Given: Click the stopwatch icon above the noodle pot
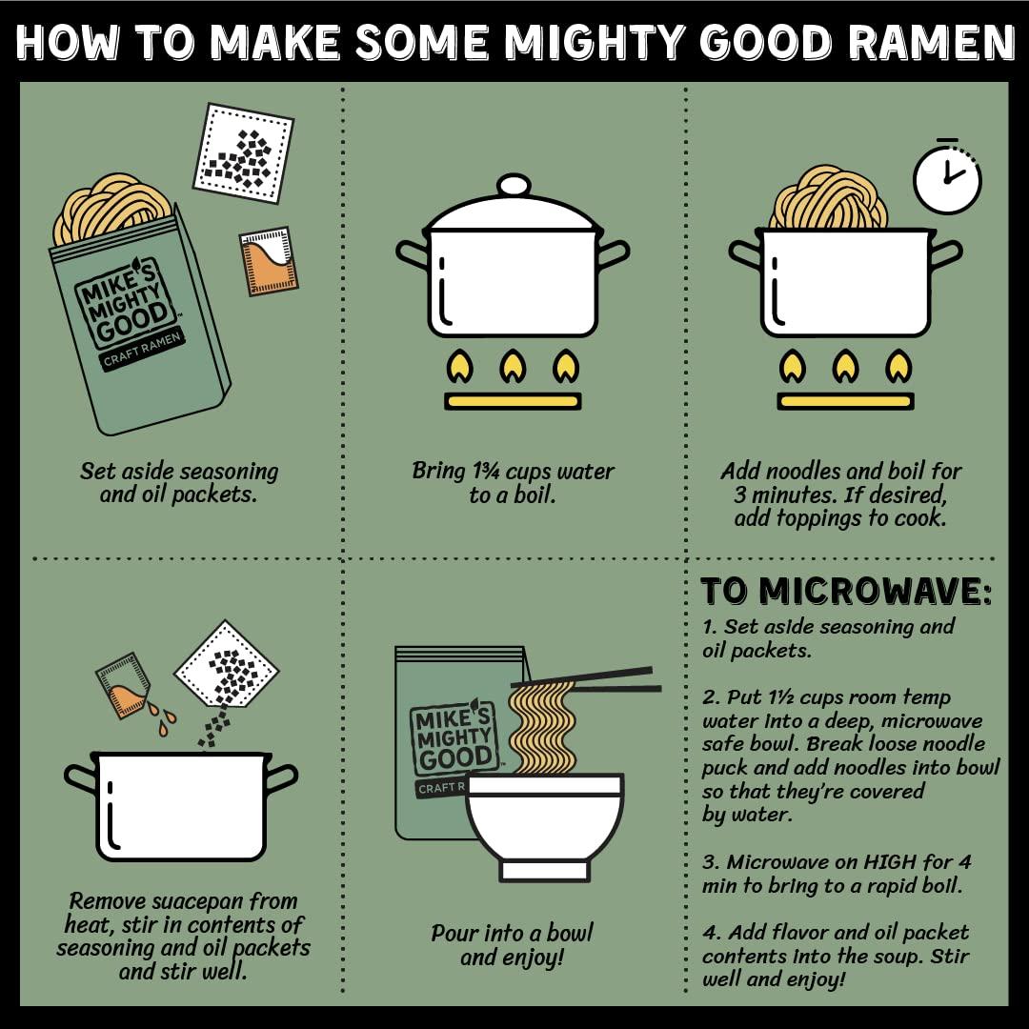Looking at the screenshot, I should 946,178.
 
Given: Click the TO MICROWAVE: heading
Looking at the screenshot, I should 846,591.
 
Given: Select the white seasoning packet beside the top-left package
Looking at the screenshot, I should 243,152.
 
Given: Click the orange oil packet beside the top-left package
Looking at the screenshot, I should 270,260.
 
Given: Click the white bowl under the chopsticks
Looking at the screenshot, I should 544,819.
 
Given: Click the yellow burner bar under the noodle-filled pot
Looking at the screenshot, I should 845,401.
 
